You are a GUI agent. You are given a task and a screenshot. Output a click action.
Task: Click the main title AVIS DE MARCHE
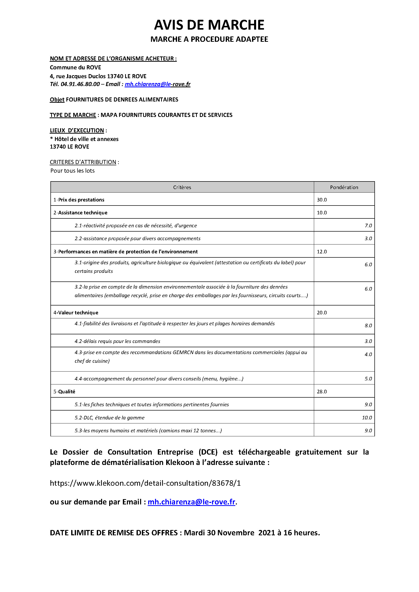[x=209, y=25]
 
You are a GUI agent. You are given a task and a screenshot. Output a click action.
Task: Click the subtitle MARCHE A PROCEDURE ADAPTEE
[x=209, y=39]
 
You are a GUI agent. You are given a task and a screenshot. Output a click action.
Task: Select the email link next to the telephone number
[x=157, y=84]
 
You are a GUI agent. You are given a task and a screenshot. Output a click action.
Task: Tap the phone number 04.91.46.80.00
[x=80, y=84]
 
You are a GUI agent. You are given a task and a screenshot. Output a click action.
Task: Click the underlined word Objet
[x=57, y=100]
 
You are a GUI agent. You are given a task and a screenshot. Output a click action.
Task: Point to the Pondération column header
[x=344, y=188]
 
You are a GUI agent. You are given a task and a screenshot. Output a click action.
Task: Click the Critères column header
[x=182, y=188]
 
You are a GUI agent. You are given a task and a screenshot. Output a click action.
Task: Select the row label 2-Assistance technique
[x=80, y=213]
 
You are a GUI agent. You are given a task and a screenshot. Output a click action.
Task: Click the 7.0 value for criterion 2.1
[x=368, y=226]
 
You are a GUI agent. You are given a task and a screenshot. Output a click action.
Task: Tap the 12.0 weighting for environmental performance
[x=322, y=252]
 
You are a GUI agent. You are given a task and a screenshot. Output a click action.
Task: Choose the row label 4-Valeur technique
[x=76, y=313]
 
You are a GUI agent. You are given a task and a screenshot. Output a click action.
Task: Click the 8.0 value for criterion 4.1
[x=368, y=326]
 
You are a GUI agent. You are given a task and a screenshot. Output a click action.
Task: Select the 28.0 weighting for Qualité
[x=322, y=392]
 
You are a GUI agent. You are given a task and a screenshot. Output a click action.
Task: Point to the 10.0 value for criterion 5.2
[x=367, y=418]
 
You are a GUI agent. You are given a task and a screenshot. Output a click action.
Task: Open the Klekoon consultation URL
[x=145, y=483]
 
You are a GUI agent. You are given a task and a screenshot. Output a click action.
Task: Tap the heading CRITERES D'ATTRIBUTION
[x=83, y=162]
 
